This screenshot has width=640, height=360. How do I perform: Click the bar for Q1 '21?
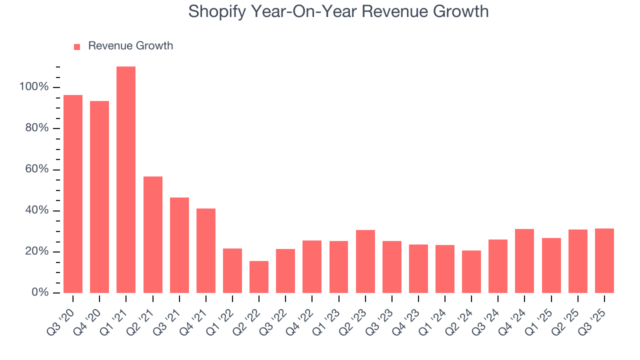pos(126,179)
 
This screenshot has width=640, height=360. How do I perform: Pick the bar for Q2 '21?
pos(152,234)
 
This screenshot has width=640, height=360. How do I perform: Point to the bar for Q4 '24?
pos(524,260)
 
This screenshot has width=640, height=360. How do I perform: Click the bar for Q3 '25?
pos(604,260)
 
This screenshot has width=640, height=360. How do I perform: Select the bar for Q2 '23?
pos(365,261)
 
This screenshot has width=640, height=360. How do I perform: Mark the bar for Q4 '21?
pos(206,250)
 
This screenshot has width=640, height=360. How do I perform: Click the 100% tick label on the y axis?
pos(34,87)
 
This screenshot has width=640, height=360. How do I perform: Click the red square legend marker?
pos(77,47)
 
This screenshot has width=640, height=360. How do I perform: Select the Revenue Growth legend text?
pos(130,46)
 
